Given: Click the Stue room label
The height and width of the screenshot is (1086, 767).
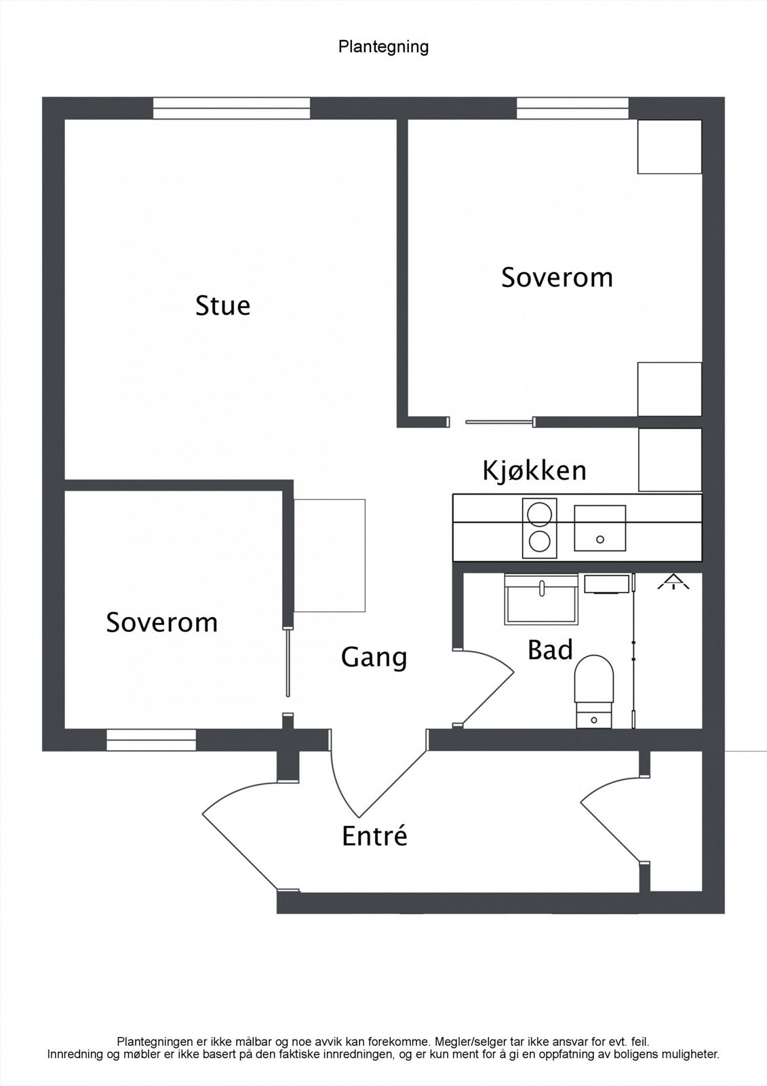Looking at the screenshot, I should click(222, 305).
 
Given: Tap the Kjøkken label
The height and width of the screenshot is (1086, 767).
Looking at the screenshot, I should click(534, 470).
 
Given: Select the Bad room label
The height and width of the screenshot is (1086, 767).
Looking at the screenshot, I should click(550, 650).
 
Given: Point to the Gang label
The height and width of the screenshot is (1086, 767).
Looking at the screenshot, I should click(374, 657).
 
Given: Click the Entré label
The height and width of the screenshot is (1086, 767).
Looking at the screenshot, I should click(374, 836).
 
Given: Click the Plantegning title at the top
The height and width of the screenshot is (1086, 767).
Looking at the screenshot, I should click(383, 47).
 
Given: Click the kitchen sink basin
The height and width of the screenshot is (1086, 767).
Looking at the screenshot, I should click(599, 528).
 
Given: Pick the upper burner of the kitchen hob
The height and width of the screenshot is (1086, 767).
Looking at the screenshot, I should click(539, 512).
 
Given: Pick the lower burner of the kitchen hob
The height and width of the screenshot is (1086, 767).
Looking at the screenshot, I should click(539, 541).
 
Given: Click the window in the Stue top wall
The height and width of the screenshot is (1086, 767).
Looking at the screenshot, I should click(231, 109).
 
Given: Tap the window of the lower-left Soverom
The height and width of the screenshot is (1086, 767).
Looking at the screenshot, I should click(151, 740).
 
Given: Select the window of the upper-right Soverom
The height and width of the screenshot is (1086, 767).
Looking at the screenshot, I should click(572, 109).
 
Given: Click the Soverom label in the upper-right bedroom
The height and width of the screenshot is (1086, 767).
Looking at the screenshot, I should click(557, 278).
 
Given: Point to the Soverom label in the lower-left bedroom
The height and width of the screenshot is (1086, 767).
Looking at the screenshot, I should click(161, 622).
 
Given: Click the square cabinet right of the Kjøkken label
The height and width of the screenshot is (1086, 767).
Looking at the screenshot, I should click(669, 460).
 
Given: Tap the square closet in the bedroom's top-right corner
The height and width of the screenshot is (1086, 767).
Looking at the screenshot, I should click(669, 147).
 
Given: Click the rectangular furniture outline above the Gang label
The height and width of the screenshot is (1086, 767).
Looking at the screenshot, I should click(330, 556).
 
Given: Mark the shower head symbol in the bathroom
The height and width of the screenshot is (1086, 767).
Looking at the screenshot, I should click(673, 582).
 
